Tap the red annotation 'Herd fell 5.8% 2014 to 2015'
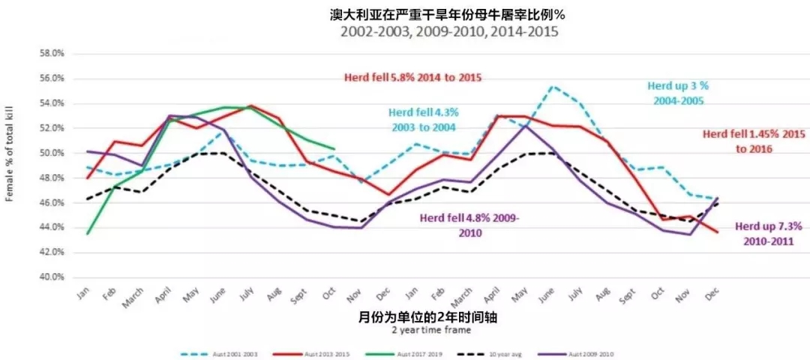click(x=412, y=77)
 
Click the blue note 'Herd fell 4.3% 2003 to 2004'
click(x=423, y=118)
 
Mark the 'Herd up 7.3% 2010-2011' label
click(x=769, y=233)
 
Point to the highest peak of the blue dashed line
click(x=553, y=86)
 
